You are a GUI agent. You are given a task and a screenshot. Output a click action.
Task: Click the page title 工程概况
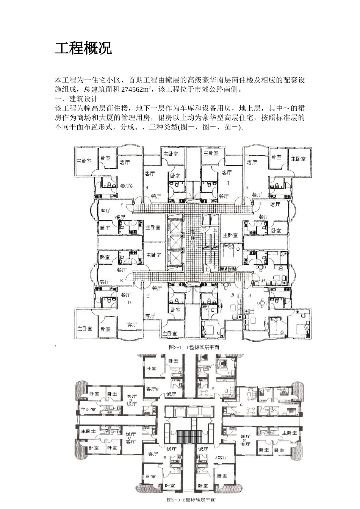tap(83, 49)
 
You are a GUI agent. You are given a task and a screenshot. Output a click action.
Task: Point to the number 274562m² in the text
tap(136, 90)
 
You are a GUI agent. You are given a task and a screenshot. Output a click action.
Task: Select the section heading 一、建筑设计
tap(77, 99)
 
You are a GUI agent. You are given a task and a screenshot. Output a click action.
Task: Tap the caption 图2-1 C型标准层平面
tap(194, 347)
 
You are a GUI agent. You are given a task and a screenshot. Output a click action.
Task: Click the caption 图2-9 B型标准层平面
tap(192, 500)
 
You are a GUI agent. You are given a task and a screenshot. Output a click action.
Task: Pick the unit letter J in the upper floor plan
tap(228, 183)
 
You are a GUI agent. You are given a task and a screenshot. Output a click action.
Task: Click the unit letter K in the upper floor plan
tap(247, 187)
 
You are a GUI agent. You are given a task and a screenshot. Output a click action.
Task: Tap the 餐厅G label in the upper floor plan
tap(127, 186)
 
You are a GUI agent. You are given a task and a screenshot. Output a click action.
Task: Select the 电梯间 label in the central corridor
tap(193, 238)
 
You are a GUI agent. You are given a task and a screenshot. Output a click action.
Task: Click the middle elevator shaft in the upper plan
tap(176, 242)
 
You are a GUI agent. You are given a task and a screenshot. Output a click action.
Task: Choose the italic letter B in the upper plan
tap(232, 294)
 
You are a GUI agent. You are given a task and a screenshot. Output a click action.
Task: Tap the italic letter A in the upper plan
tap(250, 294)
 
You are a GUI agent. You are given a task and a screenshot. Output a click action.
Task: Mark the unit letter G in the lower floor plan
tap(241, 404)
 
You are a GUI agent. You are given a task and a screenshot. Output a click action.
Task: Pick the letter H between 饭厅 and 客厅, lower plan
tap(245, 440)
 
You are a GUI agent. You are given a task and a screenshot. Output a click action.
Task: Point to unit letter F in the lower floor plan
tap(213, 388)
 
